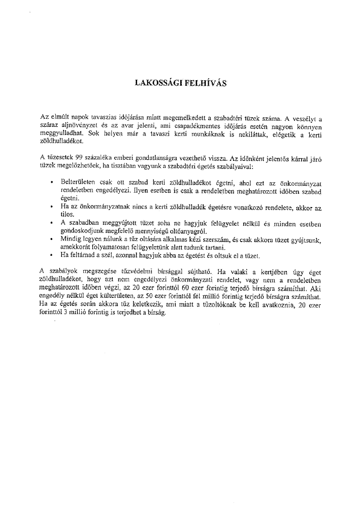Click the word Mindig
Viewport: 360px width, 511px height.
coord(70,238)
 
